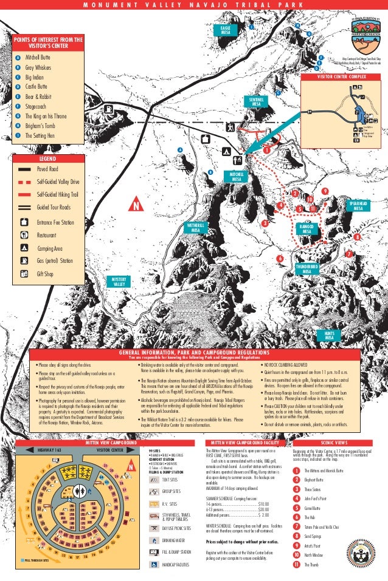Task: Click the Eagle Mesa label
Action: coord(226,30)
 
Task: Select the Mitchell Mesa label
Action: coord(237,177)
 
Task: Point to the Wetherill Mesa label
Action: coord(195,228)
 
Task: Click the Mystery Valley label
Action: coord(119,282)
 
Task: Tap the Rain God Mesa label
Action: coord(307,229)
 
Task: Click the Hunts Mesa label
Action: coord(329,336)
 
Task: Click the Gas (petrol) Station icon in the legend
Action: coord(24,260)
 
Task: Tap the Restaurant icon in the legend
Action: coord(24,234)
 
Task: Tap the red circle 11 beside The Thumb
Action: coord(296,565)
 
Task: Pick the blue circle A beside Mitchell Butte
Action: coord(16,55)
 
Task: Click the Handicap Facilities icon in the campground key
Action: coord(153,564)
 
